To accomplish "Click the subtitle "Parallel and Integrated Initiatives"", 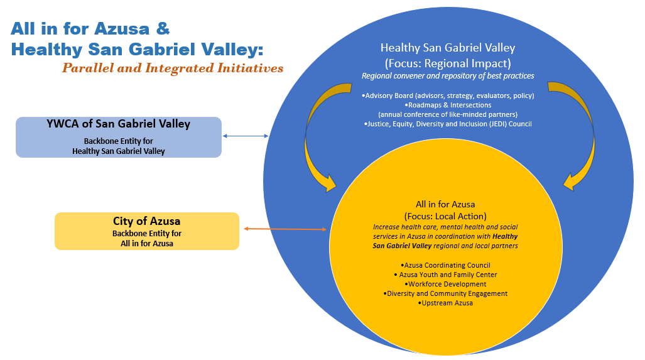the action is tap(173, 68).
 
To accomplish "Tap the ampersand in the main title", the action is tap(163, 28).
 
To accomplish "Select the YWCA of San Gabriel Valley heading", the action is tap(119, 124).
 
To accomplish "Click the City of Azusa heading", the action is tap(147, 221).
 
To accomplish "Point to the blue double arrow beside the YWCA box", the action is tap(246, 136).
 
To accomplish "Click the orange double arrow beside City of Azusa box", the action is tap(286, 229).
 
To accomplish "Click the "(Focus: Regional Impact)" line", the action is tap(448, 63).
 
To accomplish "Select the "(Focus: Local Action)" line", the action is tap(445, 216).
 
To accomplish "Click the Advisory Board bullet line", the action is tap(448, 95).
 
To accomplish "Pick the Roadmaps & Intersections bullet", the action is tap(448, 105).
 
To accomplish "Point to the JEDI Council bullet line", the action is tap(448, 124).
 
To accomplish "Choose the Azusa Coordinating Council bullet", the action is tap(445, 265).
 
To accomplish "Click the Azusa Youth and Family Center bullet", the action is tap(445, 275).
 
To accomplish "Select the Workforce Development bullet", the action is tap(445, 285).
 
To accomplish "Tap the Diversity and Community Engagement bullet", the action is tap(445, 294).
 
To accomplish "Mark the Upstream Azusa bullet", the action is tap(445, 303).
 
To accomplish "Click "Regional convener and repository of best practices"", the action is tap(448, 76).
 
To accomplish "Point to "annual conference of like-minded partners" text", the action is tap(448, 114).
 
